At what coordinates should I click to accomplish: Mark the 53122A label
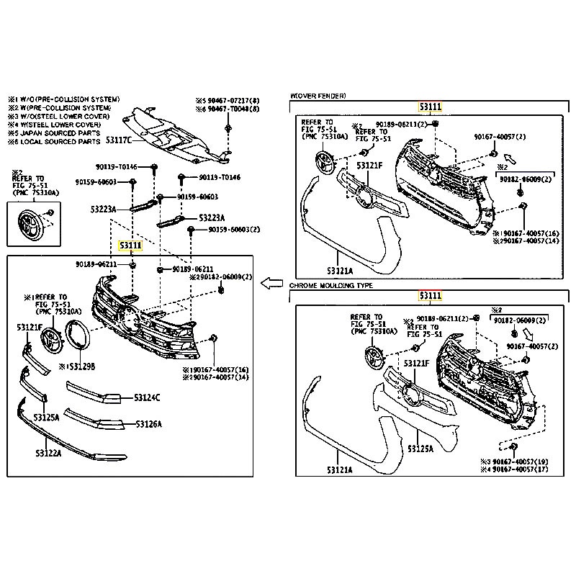48,453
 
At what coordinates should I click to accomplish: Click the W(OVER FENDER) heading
318,95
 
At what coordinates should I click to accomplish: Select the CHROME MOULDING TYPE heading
331,286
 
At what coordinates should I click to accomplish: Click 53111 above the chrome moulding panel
430,295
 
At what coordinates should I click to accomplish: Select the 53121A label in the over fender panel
339,271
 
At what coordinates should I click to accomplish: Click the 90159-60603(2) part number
235,230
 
